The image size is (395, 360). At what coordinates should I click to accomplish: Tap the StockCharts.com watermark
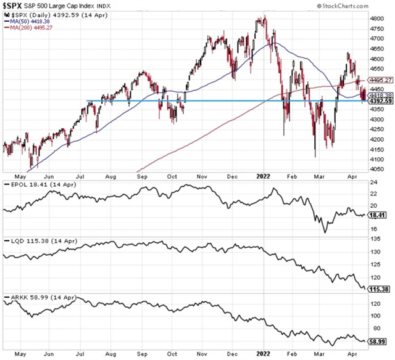(358, 6)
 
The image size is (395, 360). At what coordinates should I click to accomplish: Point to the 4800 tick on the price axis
(375, 18)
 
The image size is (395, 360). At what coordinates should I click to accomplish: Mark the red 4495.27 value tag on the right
(377, 80)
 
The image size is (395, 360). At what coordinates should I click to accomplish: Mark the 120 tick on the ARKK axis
(373, 303)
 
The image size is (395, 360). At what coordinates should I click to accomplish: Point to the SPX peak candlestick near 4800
(264, 19)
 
